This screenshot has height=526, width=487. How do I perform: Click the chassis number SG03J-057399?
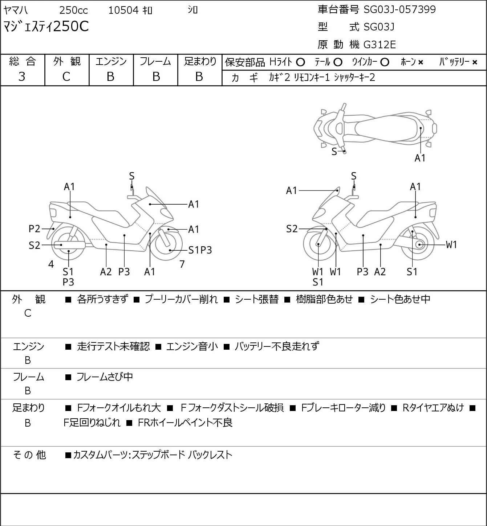[399, 9]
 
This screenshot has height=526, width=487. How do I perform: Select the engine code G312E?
[380, 45]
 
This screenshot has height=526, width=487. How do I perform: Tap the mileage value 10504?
[123, 10]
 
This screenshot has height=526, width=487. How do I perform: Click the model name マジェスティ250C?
[46, 26]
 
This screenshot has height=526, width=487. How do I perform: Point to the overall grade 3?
[22, 77]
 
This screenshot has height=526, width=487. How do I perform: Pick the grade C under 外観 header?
[66, 77]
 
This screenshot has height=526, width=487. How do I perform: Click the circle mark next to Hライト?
[300, 62]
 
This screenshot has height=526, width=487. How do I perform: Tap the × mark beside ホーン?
[421, 62]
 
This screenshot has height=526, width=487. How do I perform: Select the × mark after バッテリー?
[475, 62]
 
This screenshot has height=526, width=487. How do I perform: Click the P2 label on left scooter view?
[34, 229]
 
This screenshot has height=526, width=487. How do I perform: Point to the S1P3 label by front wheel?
[200, 250]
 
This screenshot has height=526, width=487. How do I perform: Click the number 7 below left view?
[182, 264]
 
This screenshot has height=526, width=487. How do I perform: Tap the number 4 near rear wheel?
[51, 264]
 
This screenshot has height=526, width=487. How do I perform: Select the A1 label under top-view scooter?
[420, 158]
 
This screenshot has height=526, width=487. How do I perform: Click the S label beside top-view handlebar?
[334, 152]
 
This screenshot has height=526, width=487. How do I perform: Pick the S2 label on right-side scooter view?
[292, 229]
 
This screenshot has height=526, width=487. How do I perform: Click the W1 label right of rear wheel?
[451, 245]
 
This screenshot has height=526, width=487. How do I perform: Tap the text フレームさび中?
[105, 377]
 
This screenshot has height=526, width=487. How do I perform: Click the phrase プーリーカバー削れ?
[182, 299]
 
